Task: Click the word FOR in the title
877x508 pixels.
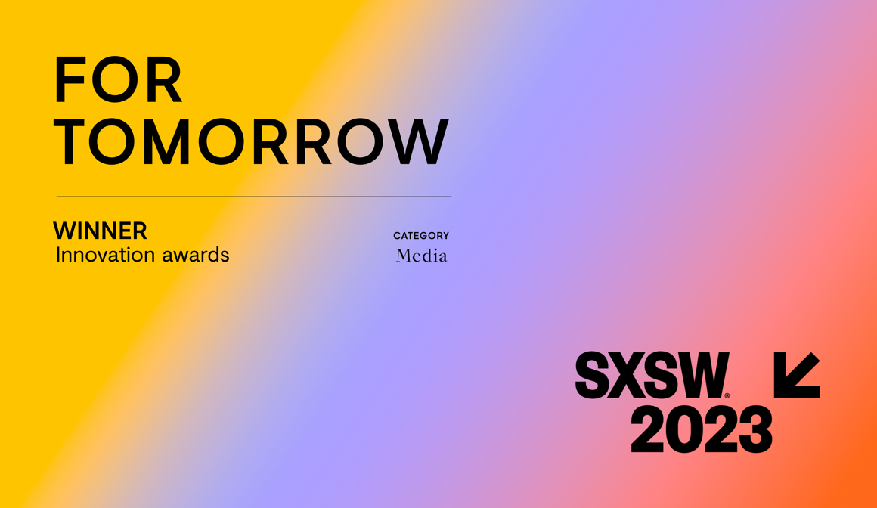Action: [x=118, y=80]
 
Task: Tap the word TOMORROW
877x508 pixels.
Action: [x=251, y=141]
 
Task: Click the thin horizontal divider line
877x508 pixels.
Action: [x=253, y=197]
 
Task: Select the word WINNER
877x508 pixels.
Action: [x=100, y=231]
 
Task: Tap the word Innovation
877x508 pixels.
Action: [x=104, y=255]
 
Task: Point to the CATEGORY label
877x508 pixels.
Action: [x=421, y=236]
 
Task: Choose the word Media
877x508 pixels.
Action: [x=421, y=256]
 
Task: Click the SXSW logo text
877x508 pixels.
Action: [x=652, y=375]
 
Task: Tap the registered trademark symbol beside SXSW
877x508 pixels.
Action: [x=727, y=395]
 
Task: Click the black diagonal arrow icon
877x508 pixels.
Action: [x=797, y=375]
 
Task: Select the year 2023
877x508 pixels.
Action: [x=701, y=429]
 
